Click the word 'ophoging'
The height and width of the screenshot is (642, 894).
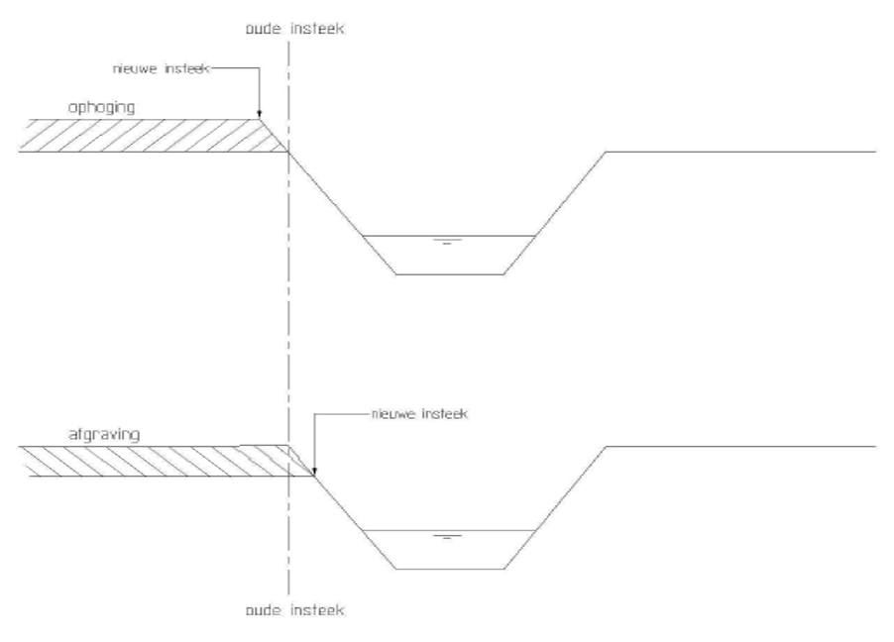coord(101,108)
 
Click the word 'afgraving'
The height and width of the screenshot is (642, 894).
coord(104,435)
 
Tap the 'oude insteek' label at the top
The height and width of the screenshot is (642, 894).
coord(294,29)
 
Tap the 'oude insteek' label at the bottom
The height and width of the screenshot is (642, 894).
coord(294,610)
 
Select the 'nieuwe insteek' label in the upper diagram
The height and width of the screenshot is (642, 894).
coord(162,69)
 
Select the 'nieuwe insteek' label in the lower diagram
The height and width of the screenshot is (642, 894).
coord(419,414)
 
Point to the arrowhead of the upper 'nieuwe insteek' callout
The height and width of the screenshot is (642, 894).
coord(260,114)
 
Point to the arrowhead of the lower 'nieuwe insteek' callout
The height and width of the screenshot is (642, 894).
coord(314,471)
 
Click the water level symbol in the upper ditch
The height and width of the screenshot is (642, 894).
coord(447,242)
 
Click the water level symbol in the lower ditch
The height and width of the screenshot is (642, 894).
coord(447,537)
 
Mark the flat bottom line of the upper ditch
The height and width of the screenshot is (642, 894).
coord(450,274)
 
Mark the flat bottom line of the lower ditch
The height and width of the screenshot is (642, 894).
coord(450,569)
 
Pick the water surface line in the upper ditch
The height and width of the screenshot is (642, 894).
coord(449,236)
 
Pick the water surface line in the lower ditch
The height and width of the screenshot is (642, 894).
coord(449,531)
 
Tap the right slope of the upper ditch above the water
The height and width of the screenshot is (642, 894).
coord(570,194)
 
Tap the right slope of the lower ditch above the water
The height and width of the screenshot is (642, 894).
coord(570,488)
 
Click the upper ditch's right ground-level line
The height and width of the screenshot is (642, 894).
coord(740,152)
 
